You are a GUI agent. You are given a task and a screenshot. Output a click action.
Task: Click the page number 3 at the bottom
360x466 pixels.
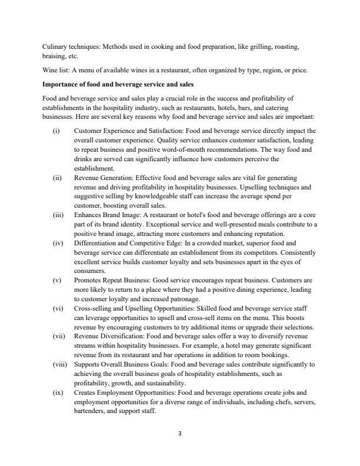point(180,434)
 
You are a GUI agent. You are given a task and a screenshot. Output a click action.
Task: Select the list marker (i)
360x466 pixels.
point(56,130)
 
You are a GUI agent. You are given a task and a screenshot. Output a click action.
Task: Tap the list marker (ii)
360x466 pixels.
point(56,177)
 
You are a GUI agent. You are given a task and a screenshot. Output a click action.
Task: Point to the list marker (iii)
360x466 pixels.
point(58,215)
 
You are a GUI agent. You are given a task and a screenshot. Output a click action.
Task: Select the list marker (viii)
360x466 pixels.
point(59,364)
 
